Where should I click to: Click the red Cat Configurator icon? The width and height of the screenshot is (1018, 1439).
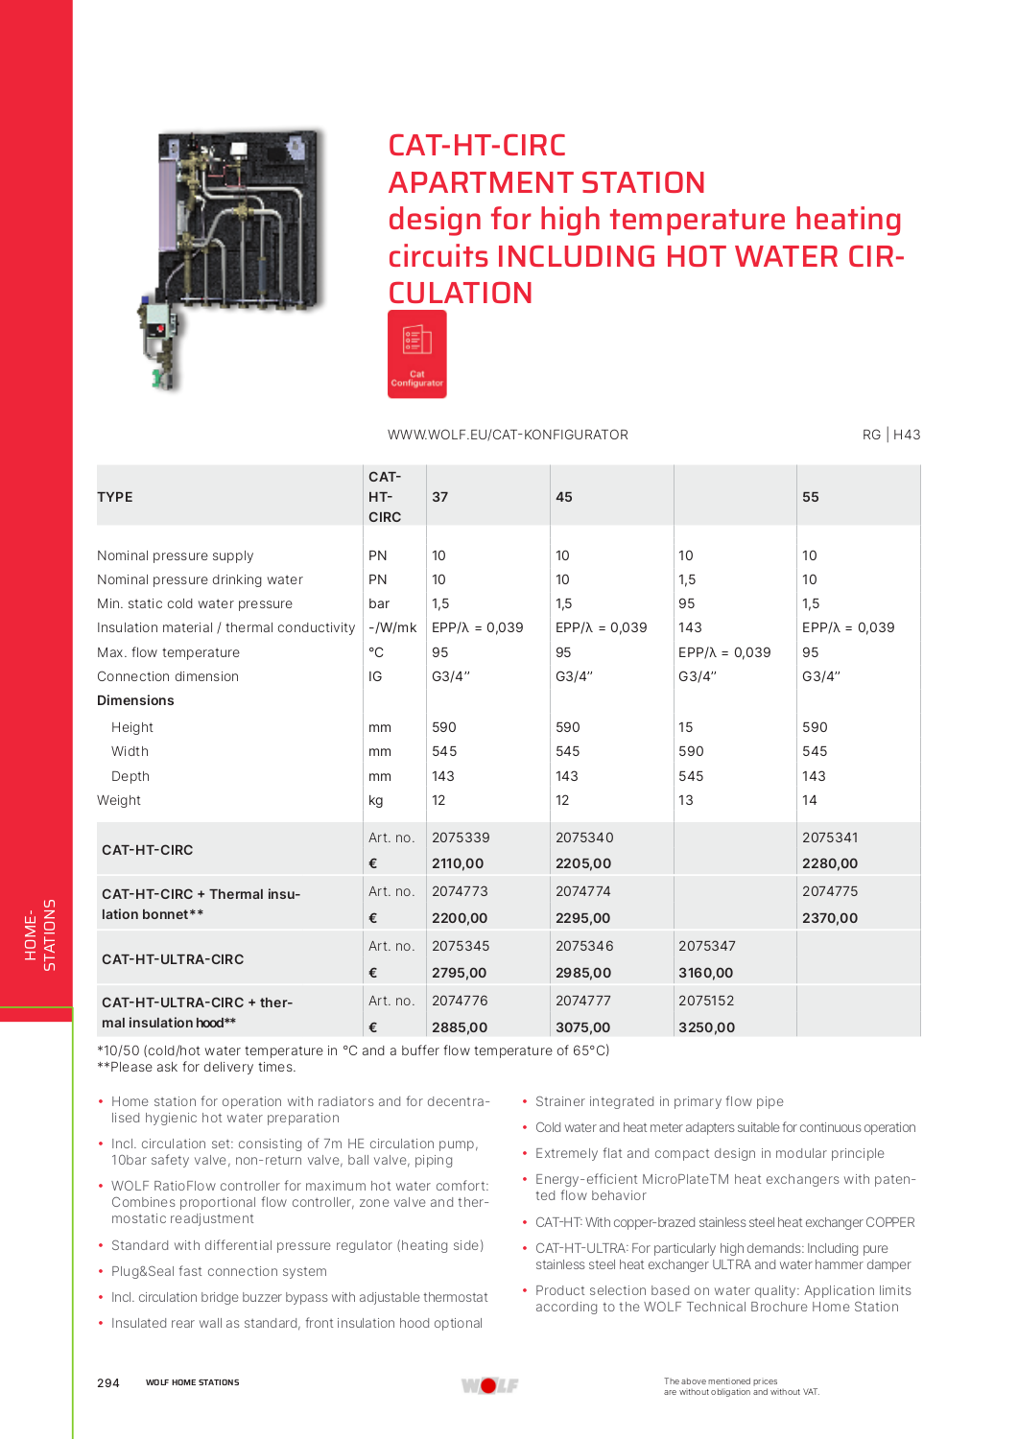click(416, 354)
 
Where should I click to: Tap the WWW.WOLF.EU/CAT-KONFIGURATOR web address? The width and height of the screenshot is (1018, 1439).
click(508, 435)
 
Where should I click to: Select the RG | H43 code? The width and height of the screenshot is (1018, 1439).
click(890, 435)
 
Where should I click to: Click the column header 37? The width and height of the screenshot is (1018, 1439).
click(439, 497)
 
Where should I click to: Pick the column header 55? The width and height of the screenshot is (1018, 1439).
click(810, 497)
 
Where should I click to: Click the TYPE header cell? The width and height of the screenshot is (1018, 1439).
click(115, 497)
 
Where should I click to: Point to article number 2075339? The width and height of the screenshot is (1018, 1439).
click(461, 837)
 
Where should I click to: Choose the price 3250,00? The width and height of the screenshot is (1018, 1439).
click(706, 1026)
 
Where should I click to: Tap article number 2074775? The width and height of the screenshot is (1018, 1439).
click(830, 891)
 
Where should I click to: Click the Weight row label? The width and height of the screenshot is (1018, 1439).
click(119, 800)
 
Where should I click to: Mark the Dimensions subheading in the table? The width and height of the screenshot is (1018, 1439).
click(135, 700)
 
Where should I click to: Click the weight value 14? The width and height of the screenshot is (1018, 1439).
click(810, 800)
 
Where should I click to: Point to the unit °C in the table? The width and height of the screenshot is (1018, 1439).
click(376, 652)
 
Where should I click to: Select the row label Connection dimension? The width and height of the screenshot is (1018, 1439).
click(168, 676)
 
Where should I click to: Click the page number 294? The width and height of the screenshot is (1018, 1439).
click(108, 1382)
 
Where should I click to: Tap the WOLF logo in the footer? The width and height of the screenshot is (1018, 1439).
click(489, 1385)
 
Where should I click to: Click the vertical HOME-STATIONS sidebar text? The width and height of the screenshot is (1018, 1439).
click(40, 934)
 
